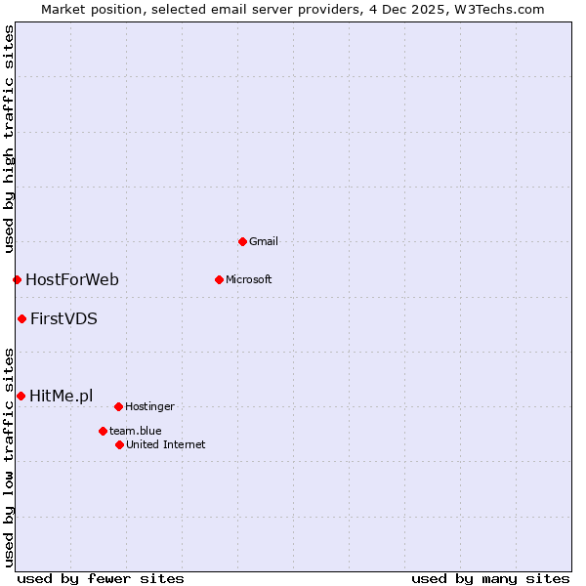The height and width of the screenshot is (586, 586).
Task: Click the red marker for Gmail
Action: (x=242, y=241)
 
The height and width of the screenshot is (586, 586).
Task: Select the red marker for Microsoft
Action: (x=219, y=279)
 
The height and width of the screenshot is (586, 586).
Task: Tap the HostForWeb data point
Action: (x=17, y=280)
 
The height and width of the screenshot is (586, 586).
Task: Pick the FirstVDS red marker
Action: (x=21, y=318)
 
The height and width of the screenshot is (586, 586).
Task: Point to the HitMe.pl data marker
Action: (x=21, y=396)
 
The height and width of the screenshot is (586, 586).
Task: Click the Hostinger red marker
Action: (x=118, y=406)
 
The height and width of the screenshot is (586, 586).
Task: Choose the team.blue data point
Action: (x=103, y=431)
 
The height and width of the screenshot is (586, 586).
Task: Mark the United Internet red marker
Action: (x=119, y=444)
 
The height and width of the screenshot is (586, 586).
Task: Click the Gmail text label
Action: (x=264, y=241)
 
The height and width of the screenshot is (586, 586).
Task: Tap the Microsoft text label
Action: (x=249, y=279)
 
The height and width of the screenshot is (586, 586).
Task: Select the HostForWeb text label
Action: (x=72, y=280)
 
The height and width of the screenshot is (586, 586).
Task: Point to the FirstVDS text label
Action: (x=63, y=318)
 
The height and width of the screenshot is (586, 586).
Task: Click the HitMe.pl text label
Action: (x=62, y=396)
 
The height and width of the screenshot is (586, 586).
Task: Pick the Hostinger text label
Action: (x=149, y=406)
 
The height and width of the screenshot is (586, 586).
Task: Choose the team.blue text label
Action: (x=136, y=431)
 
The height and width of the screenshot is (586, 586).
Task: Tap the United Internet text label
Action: (x=166, y=444)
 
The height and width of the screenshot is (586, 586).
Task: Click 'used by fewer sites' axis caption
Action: (x=101, y=578)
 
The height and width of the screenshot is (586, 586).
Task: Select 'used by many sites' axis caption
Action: (x=490, y=578)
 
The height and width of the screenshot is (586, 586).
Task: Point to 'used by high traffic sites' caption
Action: (x=9, y=139)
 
